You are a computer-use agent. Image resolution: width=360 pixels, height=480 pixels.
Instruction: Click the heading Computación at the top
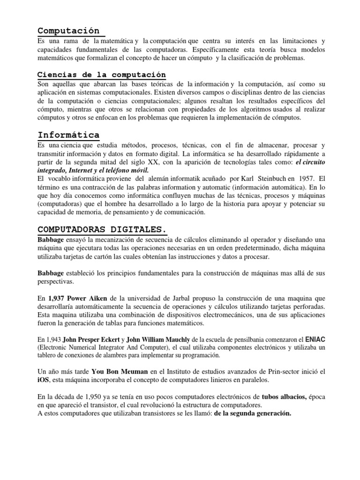pos(68,31)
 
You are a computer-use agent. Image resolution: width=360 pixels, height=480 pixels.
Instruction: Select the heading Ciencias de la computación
pos(102,75)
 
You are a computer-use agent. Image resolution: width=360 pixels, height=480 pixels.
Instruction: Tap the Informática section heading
pos(68,135)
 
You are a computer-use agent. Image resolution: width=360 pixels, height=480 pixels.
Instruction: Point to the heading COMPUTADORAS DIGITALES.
pos(102,229)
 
